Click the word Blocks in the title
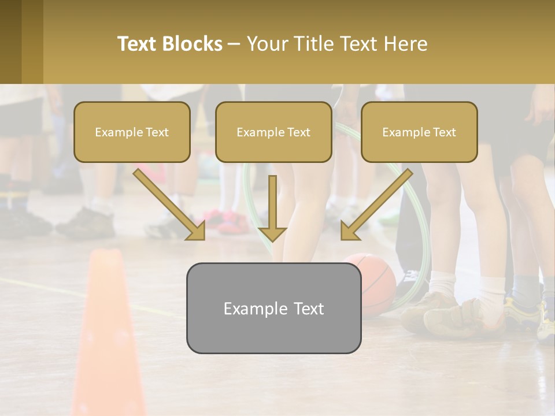tap(193, 44)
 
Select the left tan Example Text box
tap(132, 132)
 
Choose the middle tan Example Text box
tap(273, 132)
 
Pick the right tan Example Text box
tap(419, 132)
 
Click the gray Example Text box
tap(273, 308)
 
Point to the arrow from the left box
tap(171, 206)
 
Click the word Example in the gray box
tap(251, 309)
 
